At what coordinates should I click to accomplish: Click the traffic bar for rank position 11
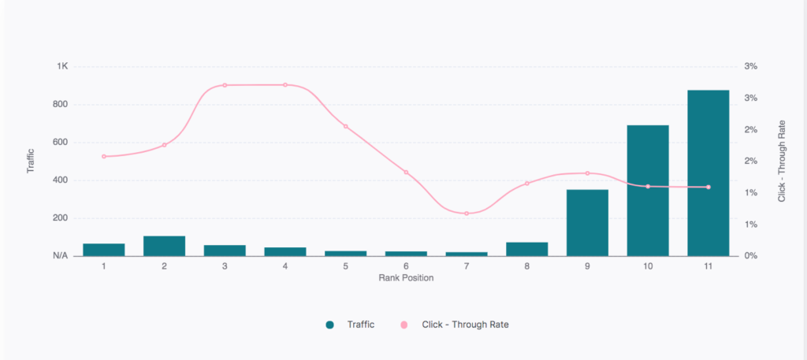[708, 173]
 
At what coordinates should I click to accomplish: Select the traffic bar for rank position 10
[648, 191]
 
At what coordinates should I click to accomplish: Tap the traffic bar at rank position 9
[587, 223]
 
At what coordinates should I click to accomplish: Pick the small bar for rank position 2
[164, 246]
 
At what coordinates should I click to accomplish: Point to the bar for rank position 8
[526, 249]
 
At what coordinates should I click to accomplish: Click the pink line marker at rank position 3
[225, 85]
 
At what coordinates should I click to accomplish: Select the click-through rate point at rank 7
[467, 213]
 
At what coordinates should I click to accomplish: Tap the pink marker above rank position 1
[104, 157]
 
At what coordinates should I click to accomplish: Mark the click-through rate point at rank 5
[345, 126]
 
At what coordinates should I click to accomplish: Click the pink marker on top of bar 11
[708, 187]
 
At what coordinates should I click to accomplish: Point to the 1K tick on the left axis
[62, 66]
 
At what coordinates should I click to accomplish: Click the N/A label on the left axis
[61, 256]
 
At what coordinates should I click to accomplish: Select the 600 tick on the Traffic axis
[61, 142]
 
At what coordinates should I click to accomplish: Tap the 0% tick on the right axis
[750, 256]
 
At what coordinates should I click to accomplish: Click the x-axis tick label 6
[406, 266]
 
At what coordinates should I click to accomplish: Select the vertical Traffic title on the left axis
[31, 161]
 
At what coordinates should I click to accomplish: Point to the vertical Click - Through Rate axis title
[782, 161]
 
